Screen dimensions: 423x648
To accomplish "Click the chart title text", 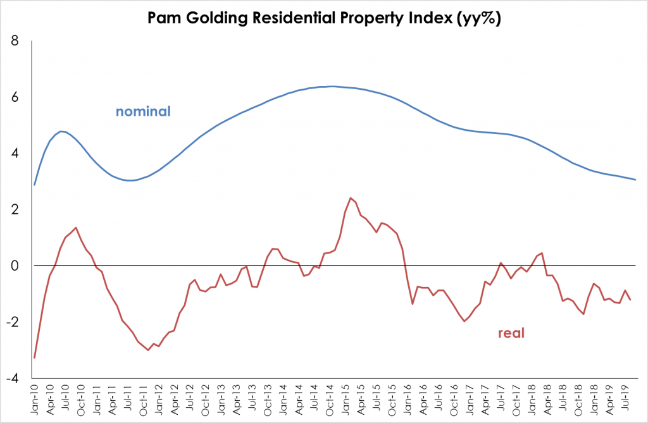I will [324, 18].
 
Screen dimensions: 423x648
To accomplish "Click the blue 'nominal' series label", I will [143, 112].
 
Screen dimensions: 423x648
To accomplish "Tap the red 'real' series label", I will [512, 333].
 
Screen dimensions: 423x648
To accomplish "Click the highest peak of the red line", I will [351, 198].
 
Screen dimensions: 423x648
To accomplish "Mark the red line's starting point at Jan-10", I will [34, 358].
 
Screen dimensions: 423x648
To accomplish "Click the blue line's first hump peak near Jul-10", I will [61, 132].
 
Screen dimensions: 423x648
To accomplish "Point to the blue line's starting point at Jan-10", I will [34, 185].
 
